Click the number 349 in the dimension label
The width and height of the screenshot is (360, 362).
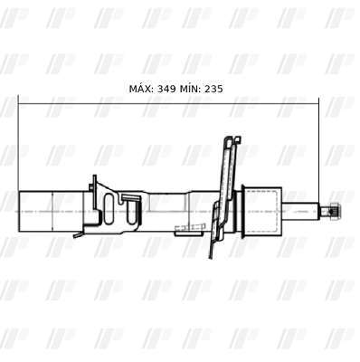click(x=166, y=89)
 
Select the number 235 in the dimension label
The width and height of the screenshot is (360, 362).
click(x=213, y=89)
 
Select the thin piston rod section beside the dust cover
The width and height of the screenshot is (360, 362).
click(x=300, y=211)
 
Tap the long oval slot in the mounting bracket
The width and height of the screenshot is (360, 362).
click(x=109, y=209)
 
